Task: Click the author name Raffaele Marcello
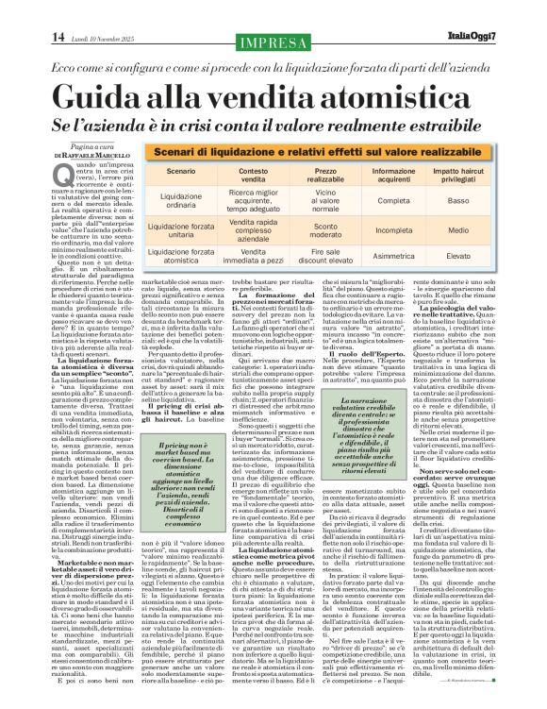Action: [x=71, y=155]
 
